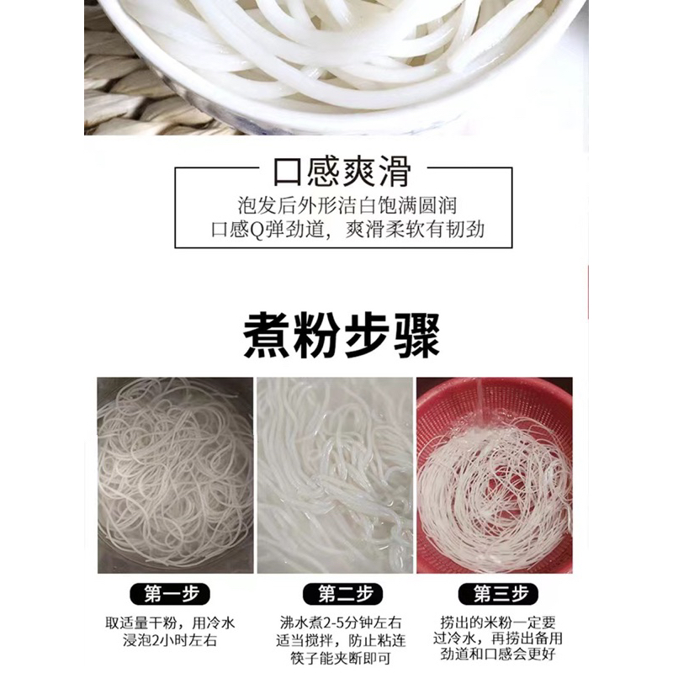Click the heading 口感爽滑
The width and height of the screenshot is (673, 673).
tap(342, 172)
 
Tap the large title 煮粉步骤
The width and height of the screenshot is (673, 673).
tap(342, 336)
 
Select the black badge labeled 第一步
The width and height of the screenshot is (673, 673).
tap(170, 594)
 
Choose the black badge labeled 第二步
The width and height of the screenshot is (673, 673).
tap(343, 594)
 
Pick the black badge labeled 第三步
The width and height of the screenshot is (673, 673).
tap(498, 594)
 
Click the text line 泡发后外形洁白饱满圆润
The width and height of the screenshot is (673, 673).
tap(347, 205)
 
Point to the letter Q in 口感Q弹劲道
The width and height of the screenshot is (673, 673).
tap(257, 230)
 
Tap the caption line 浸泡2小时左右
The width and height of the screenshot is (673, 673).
tap(170, 640)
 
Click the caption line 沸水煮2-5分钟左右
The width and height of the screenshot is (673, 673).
tap(341, 622)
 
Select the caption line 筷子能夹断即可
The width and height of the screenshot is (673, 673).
tap(341, 658)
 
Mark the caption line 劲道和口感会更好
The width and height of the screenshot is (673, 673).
tap(498, 654)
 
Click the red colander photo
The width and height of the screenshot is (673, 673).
tap(495, 475)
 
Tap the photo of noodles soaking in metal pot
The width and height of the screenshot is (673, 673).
tap(175, 475)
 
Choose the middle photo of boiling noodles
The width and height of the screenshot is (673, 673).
tap(335, 475)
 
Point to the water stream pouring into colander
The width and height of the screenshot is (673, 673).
tap(481, 403)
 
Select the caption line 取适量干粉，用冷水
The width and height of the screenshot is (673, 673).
tap(170, 623)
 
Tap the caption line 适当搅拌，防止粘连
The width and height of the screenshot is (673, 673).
tap(341, 640)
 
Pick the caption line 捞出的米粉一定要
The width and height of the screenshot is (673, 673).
tap(498, 622)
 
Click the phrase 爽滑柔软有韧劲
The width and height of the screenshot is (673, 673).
tap(415, 230)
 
